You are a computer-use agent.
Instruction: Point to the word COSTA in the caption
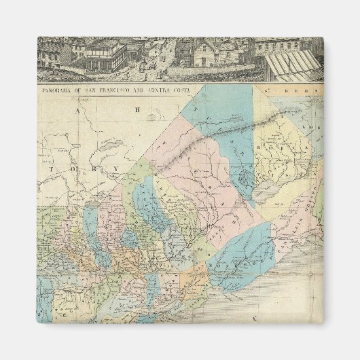[x=181, y=88]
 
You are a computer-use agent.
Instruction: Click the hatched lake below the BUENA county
[x=267, y=192]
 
